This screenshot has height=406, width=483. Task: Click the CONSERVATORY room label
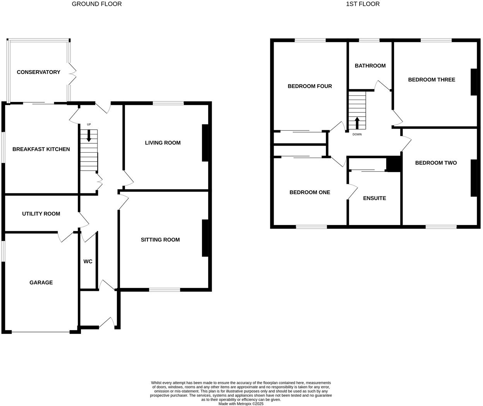38,72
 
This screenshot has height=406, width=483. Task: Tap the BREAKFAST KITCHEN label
41,149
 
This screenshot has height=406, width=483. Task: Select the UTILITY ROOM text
41,213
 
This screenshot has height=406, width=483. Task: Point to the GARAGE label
41,282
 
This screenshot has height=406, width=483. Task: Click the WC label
88,261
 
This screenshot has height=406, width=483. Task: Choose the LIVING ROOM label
163,143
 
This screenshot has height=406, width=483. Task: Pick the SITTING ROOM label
160,239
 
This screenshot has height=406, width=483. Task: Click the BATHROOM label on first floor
370,65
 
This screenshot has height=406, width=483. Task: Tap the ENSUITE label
374,198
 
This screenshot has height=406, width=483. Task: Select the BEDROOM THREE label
432,79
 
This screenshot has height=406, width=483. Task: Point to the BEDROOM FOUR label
310,86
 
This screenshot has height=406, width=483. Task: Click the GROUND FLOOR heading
97,4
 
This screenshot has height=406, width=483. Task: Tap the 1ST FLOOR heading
363,4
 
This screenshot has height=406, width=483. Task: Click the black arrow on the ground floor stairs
89,136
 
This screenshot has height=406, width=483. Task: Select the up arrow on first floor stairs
357,123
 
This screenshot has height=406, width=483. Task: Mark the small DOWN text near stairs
357,134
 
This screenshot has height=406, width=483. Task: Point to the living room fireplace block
205,143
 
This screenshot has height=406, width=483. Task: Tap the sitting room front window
164,289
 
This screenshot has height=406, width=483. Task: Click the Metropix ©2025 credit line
241,404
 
